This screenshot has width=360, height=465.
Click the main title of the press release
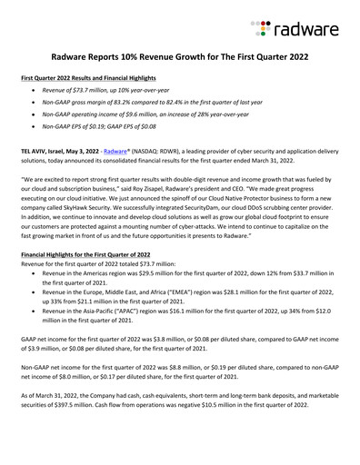pyautogui.click(x=180, y=56)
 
